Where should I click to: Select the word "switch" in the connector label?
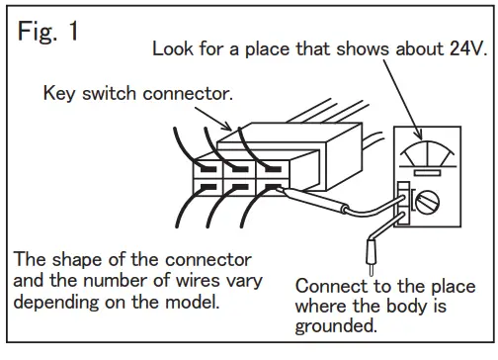coord(109,94)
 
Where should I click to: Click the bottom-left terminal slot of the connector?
coord(208,185)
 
